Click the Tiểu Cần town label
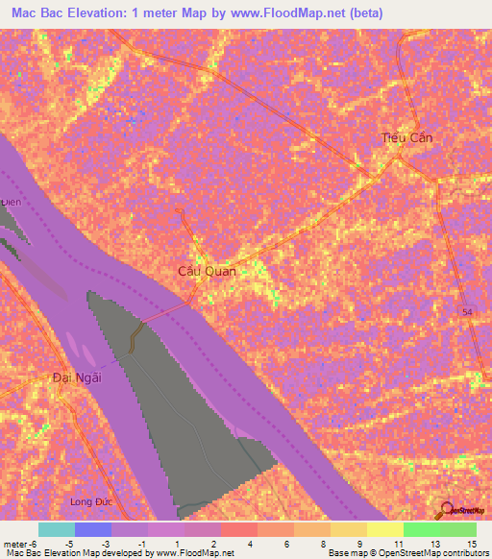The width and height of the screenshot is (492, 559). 407,138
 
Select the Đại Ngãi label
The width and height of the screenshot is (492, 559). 77,377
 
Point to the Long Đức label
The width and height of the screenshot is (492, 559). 92,502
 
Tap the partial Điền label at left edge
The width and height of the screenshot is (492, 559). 11,203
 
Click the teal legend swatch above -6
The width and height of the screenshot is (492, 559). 57,528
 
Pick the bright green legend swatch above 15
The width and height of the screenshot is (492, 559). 458,528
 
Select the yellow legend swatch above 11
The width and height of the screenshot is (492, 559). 385,528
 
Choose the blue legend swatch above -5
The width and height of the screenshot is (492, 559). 93,528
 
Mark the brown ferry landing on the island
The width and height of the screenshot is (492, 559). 137,335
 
